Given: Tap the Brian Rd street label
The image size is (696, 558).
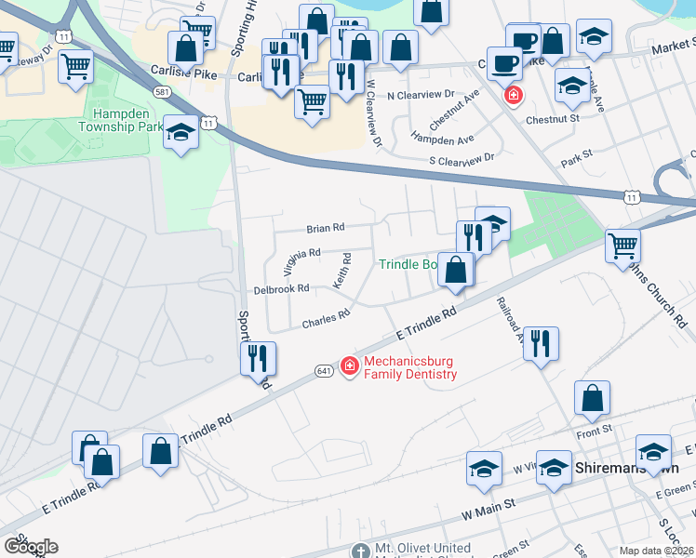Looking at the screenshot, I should coord(326,227).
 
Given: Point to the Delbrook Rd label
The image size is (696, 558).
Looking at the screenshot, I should coord(280,289).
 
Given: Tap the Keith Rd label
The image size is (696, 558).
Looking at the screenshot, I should coord(342,270).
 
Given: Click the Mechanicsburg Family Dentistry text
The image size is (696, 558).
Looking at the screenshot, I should coord(410,367).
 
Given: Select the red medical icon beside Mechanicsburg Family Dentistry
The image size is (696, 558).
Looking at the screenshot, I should coord(350,367).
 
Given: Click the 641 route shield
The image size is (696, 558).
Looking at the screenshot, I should coord(324,369).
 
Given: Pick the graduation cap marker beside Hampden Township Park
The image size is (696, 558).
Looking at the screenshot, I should coord(181,133).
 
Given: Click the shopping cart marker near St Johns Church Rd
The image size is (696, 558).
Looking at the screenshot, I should coord(622,246).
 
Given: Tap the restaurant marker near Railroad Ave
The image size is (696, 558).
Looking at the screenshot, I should coord(540,343).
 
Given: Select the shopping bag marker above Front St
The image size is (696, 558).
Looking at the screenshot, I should coord(592,398).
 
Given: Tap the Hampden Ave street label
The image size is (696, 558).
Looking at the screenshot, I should coord(443,139).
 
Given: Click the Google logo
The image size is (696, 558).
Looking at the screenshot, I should coord(31,547).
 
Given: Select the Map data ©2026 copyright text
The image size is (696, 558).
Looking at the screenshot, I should coord(657,551).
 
